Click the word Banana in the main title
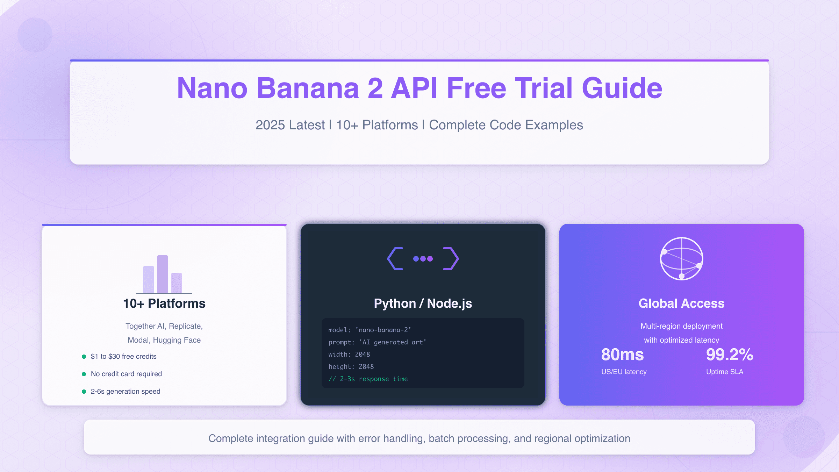click(x=308, y=88)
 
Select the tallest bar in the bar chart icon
click(x=163, y=274)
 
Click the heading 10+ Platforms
click(x=164, y=303)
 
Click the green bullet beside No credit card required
click(x=84, y=374)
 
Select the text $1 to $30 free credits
click(x=123, y=357)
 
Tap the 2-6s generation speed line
click(x=126, y=392)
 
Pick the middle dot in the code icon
click(x=423, y=259)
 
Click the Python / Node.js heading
click(x=423, y=303)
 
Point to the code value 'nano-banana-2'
click(x=383, y=330)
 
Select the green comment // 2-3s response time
click(x=368, y=379)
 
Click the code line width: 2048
click(x=349, y=355)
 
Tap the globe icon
click(x=682, y=259)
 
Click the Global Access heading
click(x=682, y=303)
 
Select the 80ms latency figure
click(x=623, y=355)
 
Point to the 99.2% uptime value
click(x=730, y=355)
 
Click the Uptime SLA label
click(x=725, y=372)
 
